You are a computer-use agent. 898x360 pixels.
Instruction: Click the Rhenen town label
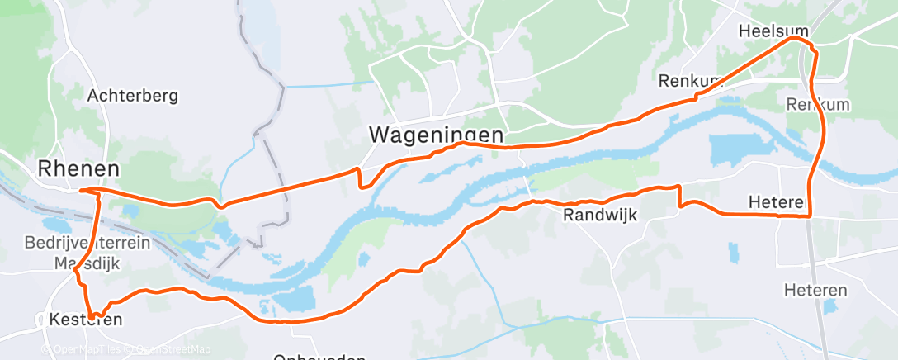coord(78,168)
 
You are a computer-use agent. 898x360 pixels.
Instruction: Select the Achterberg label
coord(132,96)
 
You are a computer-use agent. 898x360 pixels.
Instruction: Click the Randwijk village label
coord(601,216)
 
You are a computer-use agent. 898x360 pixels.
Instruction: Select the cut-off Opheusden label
coord(319,356)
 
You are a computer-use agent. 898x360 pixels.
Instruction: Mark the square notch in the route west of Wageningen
coord(360,178)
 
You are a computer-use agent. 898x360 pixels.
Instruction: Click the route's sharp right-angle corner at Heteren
coord(809,216)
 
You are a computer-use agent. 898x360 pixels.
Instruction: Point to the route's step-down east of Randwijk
coord(679,197)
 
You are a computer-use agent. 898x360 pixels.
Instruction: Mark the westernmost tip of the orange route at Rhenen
coord(81,191)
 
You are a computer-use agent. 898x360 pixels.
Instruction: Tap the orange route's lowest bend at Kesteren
coord(94,315)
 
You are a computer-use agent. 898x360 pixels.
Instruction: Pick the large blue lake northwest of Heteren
coord(730,149)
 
